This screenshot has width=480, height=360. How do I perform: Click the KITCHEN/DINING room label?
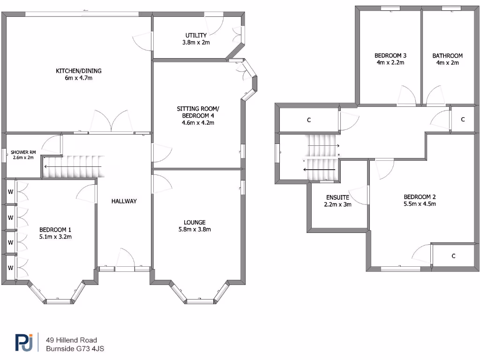coord(79,71)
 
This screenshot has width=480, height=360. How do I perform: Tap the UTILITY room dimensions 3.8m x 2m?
coord(195,42)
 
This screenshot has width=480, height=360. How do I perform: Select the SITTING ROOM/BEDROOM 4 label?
coord(198,112)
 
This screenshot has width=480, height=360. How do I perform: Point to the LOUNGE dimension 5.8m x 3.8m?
coord(195,230)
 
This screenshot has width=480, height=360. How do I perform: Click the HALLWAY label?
coord(124,201)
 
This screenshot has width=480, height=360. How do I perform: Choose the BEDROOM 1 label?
coord(55,230)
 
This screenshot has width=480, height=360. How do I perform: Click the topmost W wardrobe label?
coord(10,191)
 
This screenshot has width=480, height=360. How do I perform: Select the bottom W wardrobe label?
coord(10,268)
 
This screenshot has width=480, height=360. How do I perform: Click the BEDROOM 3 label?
coord(390,55)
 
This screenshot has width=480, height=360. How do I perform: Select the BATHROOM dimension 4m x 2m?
coord(447,62)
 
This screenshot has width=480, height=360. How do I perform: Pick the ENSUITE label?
coord(337,197)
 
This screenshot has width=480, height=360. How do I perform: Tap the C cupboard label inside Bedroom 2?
coord(453,256)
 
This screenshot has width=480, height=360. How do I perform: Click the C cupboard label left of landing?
coord(308,120)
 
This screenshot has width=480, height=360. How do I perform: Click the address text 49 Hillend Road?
coord(71,340)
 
